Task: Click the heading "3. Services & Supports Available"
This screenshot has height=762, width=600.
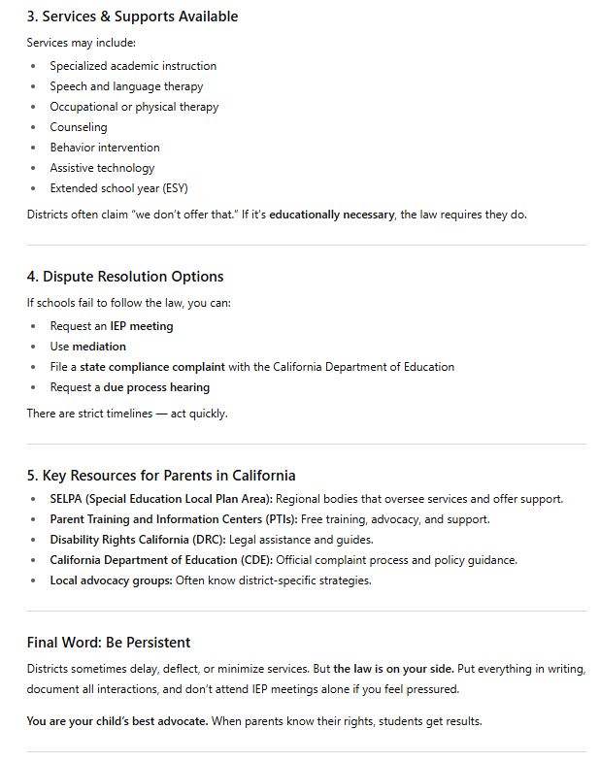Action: [132, 17]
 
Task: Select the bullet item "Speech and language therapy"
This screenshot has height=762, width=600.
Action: [126, 86]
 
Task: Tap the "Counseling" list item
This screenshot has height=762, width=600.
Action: [79, 127]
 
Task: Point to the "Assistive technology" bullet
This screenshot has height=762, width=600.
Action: [102, 168]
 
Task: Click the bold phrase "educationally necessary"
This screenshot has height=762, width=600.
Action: [331, 214]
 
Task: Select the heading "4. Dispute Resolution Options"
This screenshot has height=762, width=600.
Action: [125, 277]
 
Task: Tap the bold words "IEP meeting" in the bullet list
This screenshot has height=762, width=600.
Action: [142, 326]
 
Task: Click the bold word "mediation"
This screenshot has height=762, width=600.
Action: [99, 347]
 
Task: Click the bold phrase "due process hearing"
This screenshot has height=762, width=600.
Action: [156, 387]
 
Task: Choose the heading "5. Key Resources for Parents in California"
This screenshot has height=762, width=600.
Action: [161, 476]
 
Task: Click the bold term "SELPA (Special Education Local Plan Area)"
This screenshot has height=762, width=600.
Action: [161, 499]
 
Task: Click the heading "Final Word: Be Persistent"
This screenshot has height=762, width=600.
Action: [109, 643]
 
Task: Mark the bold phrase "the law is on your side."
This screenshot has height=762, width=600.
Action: [397, 670]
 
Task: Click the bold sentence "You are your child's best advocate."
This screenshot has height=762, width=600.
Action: [124, 721]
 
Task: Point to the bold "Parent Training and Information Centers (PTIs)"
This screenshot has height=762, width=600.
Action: [173, 519]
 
